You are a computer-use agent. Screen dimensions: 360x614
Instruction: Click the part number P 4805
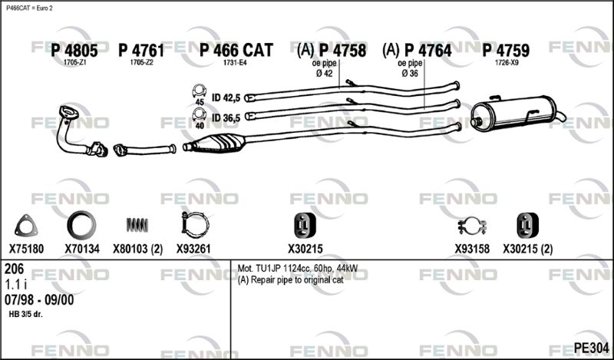74,51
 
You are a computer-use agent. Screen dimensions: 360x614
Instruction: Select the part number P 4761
141,51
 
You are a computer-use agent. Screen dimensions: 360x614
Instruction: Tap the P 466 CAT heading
236,51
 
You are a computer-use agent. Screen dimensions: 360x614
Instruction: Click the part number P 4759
506,51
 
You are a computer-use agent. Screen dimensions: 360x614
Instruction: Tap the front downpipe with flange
76,130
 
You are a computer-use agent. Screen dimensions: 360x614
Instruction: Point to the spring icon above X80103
137,225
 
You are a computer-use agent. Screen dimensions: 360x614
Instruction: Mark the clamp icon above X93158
473,227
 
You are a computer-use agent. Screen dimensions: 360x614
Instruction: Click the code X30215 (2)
527,249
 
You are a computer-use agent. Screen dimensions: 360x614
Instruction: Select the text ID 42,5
226,97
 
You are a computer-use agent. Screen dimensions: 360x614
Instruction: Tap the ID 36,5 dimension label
226,117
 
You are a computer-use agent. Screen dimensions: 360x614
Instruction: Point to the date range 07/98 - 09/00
39,299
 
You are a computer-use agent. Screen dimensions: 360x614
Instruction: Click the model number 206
15,269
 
